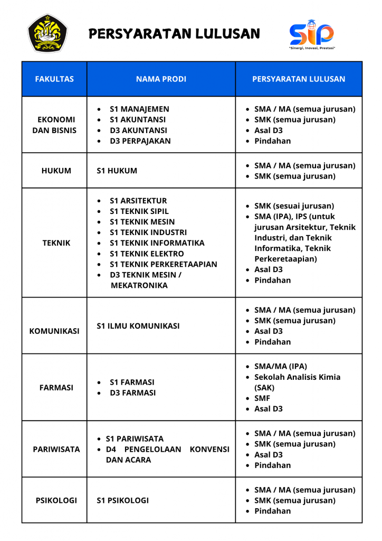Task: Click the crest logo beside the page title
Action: tap(47, 33)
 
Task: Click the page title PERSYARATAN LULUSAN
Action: tap(175, 34)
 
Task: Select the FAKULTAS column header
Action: tap(54, 79)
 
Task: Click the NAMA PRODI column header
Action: tap(161, 79)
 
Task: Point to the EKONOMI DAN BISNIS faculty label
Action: tap(54, 125)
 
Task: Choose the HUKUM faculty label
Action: tap(56, 171)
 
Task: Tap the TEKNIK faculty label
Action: tap(56, 243)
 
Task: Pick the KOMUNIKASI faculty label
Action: tap(54, 331)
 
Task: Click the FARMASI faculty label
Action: tap(55, 387)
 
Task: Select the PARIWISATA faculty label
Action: tap(56, 449)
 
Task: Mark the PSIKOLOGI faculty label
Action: tap(56, 500)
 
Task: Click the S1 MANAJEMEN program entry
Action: tap(139, 109)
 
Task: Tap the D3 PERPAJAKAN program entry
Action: tap(140, 141)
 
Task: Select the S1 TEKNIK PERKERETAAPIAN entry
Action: tap(163, 264)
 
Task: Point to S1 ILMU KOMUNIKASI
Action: tap(138, 326)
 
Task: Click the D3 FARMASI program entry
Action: tap(132, 393)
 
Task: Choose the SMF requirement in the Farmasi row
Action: tap(262, 398)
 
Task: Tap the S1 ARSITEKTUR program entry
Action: tap(138, 201)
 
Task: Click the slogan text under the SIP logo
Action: tap(312, 48)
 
